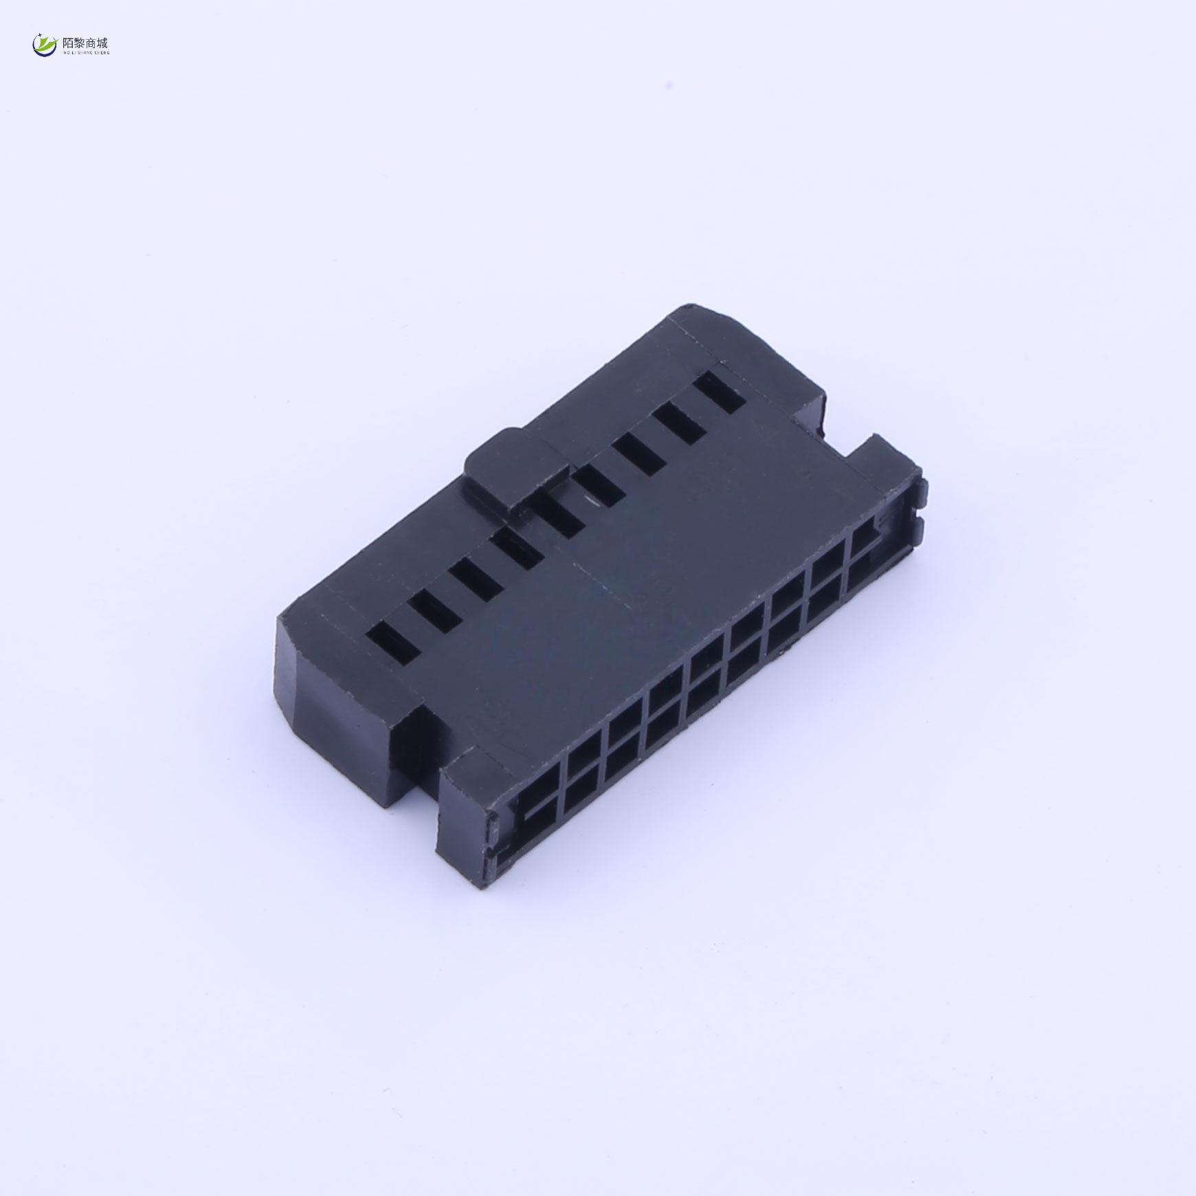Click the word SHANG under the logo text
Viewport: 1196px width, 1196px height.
84,52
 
